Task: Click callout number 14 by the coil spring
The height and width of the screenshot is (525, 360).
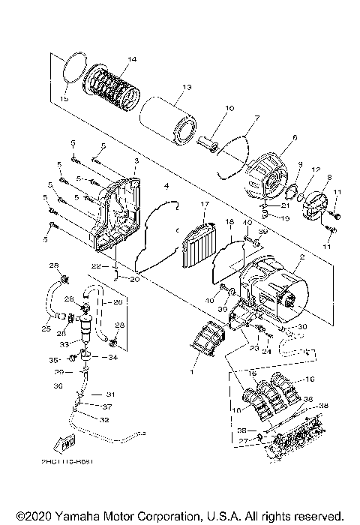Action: tap(132, 59)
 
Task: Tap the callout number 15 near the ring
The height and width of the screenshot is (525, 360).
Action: tap(64, 98)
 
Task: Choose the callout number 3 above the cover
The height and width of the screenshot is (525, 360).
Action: tap(136, 161)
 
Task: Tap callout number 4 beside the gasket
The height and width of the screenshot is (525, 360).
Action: tap(166, 185)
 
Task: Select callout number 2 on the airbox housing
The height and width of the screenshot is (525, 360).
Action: tap(302, 257)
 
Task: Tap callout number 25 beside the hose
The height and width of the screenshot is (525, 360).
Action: tap(46, 328)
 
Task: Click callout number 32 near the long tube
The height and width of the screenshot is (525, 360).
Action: tap(104, 420)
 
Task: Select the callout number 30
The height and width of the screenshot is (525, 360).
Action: tap(303, 327)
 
